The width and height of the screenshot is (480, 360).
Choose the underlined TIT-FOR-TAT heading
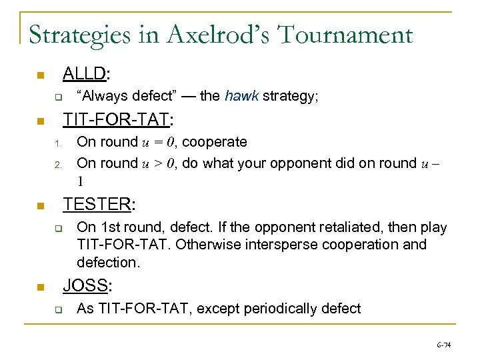click(117, 121)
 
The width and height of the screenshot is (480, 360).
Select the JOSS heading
click(87, 286)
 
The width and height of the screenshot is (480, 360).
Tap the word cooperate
click(215, 142)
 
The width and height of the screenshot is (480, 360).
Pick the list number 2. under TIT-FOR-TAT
click(58, 164)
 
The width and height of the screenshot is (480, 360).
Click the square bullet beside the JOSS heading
click(41, 287)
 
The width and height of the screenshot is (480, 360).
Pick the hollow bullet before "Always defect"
click(58, 97)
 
